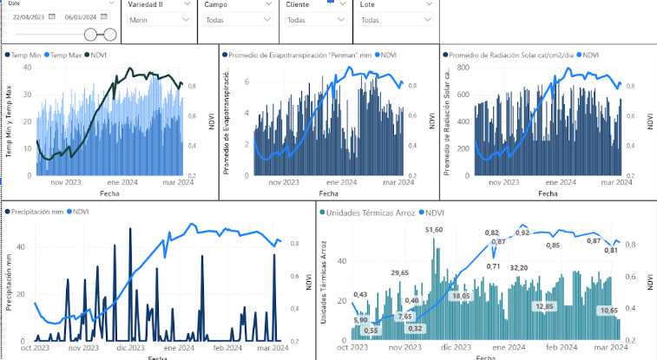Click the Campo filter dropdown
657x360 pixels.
(237, 19)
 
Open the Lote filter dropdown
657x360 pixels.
(396, 19)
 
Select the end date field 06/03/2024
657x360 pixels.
(82, 16)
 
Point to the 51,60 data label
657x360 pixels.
(434, 229)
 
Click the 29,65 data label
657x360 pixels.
(399, 273)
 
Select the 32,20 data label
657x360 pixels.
(519, 268)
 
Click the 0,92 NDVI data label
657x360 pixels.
(522, 232)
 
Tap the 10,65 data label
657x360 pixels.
(609, 310)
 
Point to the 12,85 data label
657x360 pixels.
(545, 306)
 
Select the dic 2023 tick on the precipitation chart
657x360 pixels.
(129, 347)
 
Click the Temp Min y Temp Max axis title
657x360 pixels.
(10, 121)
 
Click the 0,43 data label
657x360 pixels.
(359, 295)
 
